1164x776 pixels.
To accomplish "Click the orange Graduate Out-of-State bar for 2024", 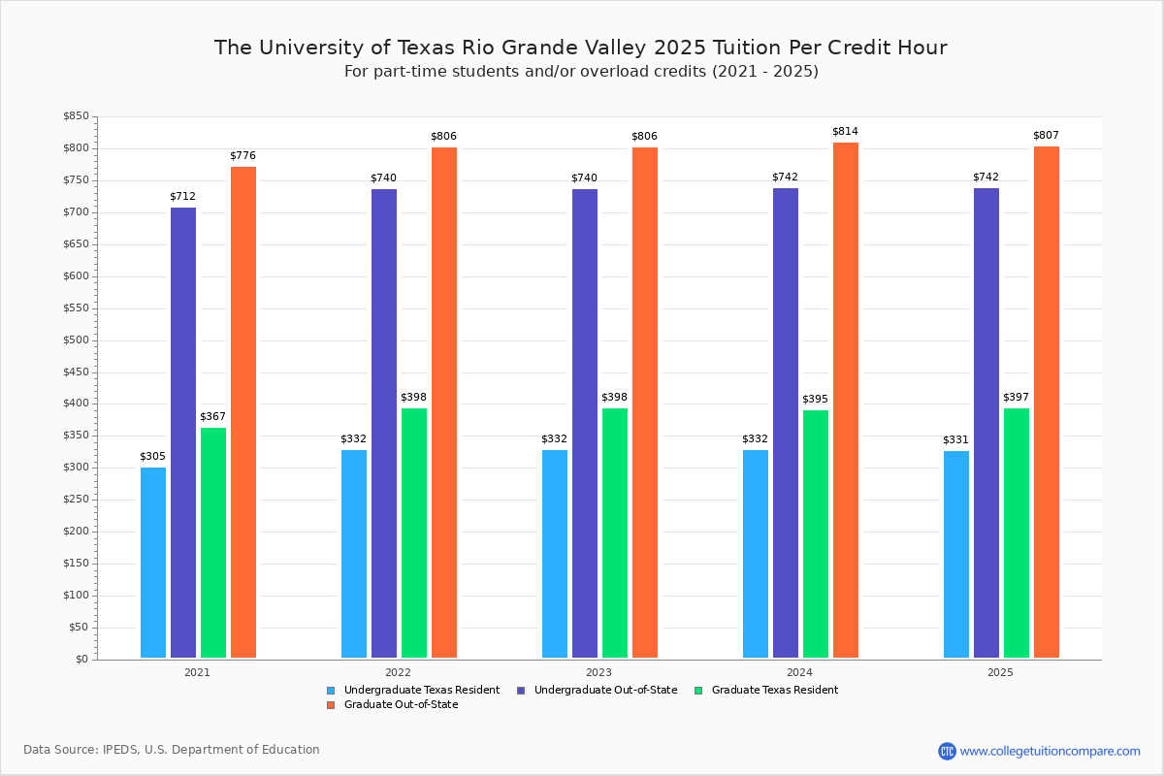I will (845, 401).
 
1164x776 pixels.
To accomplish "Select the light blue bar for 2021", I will (153, 563).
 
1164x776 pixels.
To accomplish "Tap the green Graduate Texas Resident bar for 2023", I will (615, 533).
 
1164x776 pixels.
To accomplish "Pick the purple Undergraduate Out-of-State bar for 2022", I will (384, 423).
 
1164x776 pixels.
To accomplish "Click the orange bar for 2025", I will (1047, 403).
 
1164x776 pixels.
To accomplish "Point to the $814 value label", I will (845, 131).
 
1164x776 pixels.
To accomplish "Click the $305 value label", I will (152, 456).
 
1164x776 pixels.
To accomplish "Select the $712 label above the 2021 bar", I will (182, 196).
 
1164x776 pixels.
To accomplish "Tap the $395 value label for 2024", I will (815, 399).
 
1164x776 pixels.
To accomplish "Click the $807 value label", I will (1047, 135).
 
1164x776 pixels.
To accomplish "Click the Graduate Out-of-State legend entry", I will (401, 704).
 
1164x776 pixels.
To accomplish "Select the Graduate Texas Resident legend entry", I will (774, 690).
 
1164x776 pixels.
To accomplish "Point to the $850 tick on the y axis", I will (77, 116).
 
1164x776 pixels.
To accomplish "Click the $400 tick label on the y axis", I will (77, 404).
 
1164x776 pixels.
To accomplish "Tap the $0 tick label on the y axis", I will (81, 660).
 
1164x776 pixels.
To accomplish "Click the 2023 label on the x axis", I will (598, 671).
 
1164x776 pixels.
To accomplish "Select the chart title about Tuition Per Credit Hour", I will (580, 48).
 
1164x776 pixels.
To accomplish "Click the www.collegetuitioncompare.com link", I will (1050, 751).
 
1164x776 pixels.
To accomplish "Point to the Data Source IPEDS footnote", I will (172, 750).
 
